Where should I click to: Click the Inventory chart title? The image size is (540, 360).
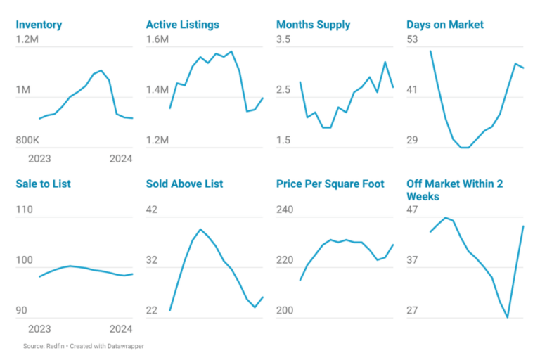pos(39,25)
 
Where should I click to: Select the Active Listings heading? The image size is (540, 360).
pos(182,25)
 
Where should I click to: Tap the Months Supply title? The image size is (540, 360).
pos(313,25)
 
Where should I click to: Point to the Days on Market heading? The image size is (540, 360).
pos(444,25)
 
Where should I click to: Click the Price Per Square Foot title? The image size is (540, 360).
pos(330,184)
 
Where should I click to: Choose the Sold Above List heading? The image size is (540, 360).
pos(184,184)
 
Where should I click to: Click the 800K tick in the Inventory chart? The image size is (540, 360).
pos(29,140)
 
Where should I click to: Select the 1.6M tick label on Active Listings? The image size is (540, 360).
pos(157,39)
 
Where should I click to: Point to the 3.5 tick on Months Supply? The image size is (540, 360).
pos(283,39)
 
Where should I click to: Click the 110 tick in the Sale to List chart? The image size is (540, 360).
pos(25,210)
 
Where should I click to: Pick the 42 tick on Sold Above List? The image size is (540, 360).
pos(152,210)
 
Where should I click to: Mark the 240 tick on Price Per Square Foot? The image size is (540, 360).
pos(285,210)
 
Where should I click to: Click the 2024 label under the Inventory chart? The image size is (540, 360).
pos(121,159)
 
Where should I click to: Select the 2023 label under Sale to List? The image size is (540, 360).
pos(39,328)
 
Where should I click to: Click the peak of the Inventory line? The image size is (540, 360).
pos(101,70)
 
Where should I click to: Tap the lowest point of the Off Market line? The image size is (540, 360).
pos(508,318)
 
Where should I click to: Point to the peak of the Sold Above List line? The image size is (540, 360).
pos(201,229)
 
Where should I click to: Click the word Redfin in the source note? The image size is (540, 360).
pos(56,346)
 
